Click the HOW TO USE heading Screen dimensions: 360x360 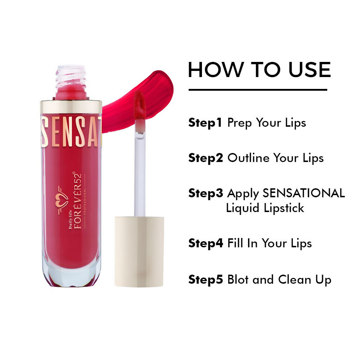[x=259, y=70]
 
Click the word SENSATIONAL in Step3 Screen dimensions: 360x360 [x=303, y=193]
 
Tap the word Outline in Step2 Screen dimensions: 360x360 [x=248, y=158]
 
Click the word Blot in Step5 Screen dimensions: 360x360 [x=238, y=279]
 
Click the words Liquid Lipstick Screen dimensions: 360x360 [x=265, y=208]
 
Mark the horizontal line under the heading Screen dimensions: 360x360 [x=258, y=90]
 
